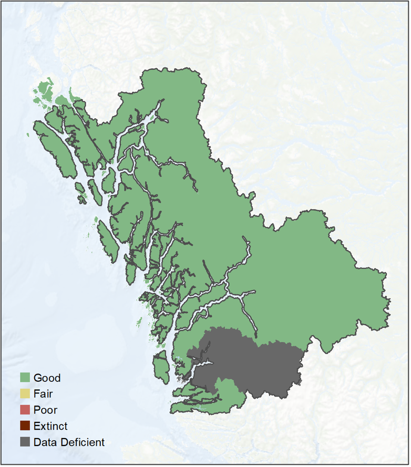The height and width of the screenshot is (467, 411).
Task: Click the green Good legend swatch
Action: point(25,378)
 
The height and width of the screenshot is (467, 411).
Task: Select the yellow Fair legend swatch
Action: point(25,393)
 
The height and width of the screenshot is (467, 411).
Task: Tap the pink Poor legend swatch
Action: point(25,410)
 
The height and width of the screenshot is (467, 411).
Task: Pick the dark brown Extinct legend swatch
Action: point(25,426)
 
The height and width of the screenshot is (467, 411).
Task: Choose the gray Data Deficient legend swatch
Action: point(25,442)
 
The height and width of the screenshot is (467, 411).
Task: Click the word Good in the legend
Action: point(47,378)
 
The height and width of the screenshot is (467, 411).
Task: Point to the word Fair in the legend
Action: point(43,393)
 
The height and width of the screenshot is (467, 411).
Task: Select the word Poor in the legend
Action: point(45,410)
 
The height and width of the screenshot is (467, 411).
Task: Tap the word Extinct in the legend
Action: point(50,426)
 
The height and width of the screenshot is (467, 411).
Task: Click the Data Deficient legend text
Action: point(69,442)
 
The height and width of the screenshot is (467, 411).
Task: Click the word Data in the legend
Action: point(44,442)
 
